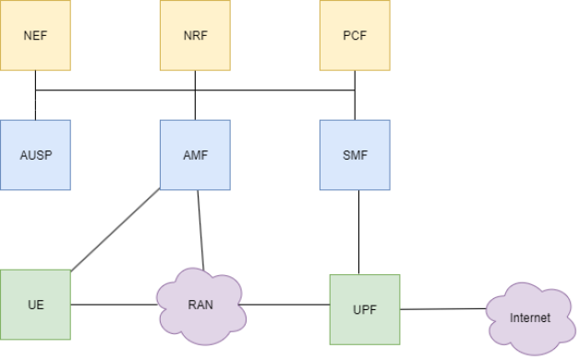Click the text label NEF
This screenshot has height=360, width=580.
(35, 36)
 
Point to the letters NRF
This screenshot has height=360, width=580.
(195, 36)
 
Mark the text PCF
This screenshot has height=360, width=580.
(355, 36)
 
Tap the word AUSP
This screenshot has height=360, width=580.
(35, 155)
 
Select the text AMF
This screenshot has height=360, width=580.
(195, 155)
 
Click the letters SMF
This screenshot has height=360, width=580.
(355, 155)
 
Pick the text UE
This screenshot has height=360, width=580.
(35, 305)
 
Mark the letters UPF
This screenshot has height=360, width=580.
(365, 309)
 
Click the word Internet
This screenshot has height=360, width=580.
(529, 318)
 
